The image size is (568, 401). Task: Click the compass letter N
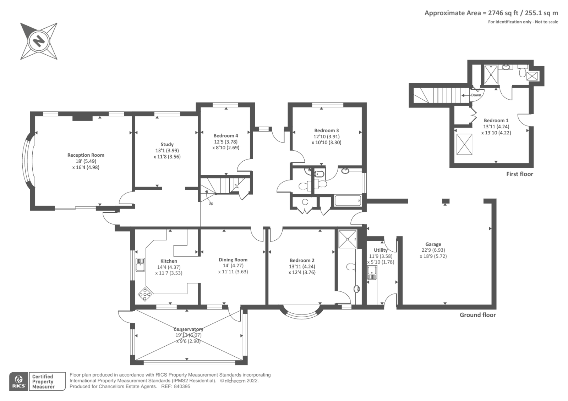(39, 41)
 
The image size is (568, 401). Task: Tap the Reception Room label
(86, 155)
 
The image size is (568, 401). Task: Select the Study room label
(167, 144)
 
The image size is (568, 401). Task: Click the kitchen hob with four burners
(145, 294)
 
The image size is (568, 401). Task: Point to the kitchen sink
(140, 264)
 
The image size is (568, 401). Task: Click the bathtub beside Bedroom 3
(348, 200)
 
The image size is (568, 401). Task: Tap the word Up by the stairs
(211, 203)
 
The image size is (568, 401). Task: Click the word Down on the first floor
(476, 95)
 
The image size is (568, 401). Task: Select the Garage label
(433, 244)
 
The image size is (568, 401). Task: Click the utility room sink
(372, 273)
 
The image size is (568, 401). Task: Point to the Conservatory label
(188, 329)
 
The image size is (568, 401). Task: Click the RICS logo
(19, 381)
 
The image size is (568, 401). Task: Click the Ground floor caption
(478, 315)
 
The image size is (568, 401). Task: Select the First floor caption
(520, 174)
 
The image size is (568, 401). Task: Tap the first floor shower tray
(491, 74)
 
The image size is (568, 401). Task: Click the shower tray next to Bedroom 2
(348, 239)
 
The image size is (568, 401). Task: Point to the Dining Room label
(233, 260)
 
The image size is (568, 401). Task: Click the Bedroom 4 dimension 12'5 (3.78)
(226, 141)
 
